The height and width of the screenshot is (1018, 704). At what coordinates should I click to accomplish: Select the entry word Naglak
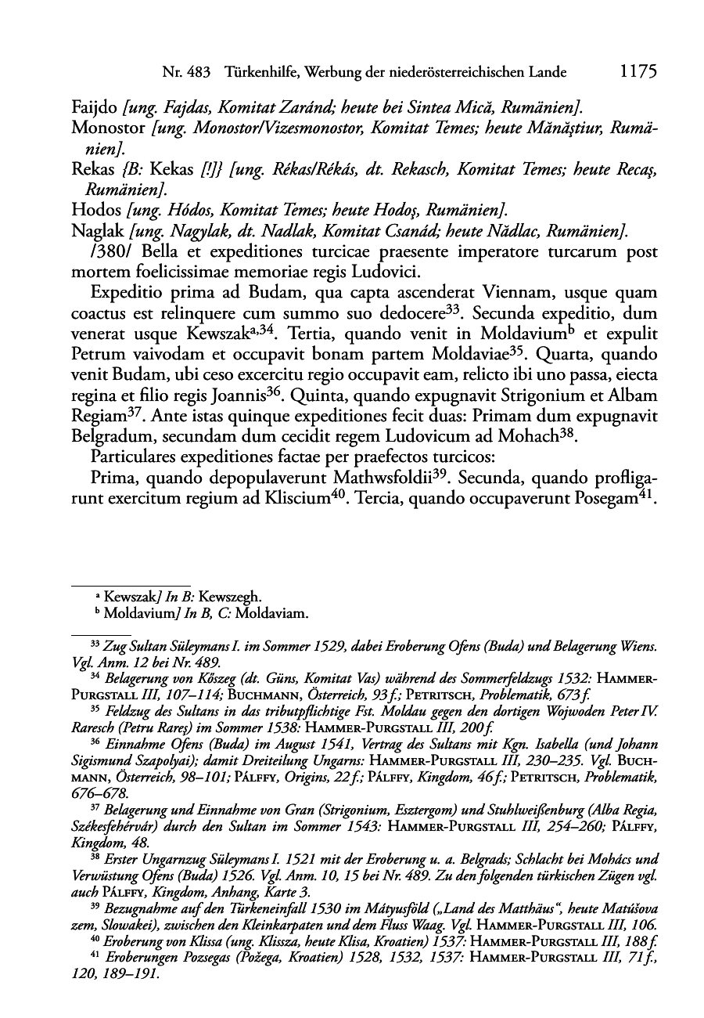[98, 230]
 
